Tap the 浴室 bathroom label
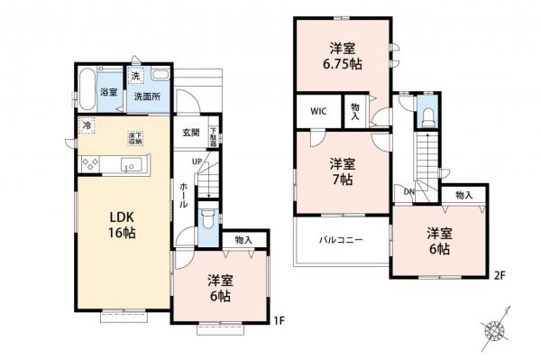pos(108,93)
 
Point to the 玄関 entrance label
pos(190,133)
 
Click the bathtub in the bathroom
pos(87,90)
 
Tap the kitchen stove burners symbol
pos(91,163)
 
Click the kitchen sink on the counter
pos(127,164)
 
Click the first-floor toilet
pos(207,218)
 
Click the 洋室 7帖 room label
pos(341,171)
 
